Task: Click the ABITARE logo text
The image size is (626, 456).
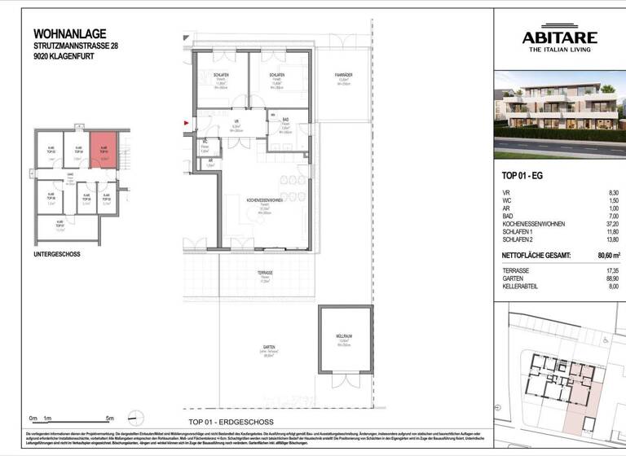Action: click(x=559, y=37)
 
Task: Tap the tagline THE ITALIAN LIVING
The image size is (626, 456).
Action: click(x=559, y=50)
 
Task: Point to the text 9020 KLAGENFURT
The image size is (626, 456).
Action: click(x=66, y=58)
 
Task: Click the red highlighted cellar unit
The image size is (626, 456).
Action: click(x=104, y=150)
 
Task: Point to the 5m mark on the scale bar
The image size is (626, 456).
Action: click(x=109, y=418)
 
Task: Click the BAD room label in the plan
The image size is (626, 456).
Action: click(x=285, y=120)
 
